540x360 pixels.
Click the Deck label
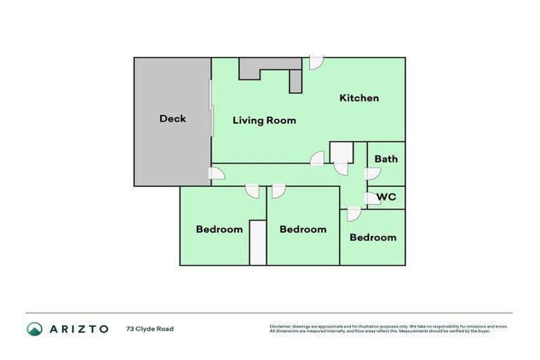[172, 119]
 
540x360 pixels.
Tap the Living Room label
[264, 120]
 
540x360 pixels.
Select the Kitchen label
[359, 98]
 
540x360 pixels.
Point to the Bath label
[386, 159]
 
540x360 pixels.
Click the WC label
[387, 197]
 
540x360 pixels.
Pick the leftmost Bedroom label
[219, 229]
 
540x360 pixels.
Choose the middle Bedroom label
[303, 229]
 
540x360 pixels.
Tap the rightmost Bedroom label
[373, 238]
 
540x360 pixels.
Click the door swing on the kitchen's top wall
[316, 63]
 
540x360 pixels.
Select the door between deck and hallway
[217, 173]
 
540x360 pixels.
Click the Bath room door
[372, 174]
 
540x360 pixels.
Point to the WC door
[372, 198]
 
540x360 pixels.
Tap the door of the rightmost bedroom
[354, 214]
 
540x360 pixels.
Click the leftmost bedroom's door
[252, 191]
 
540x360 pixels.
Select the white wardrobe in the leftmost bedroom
[258, 243]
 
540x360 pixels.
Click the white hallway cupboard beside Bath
[341, 153]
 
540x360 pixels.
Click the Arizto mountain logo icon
[34, 329]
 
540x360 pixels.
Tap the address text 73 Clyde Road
[150, 329]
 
